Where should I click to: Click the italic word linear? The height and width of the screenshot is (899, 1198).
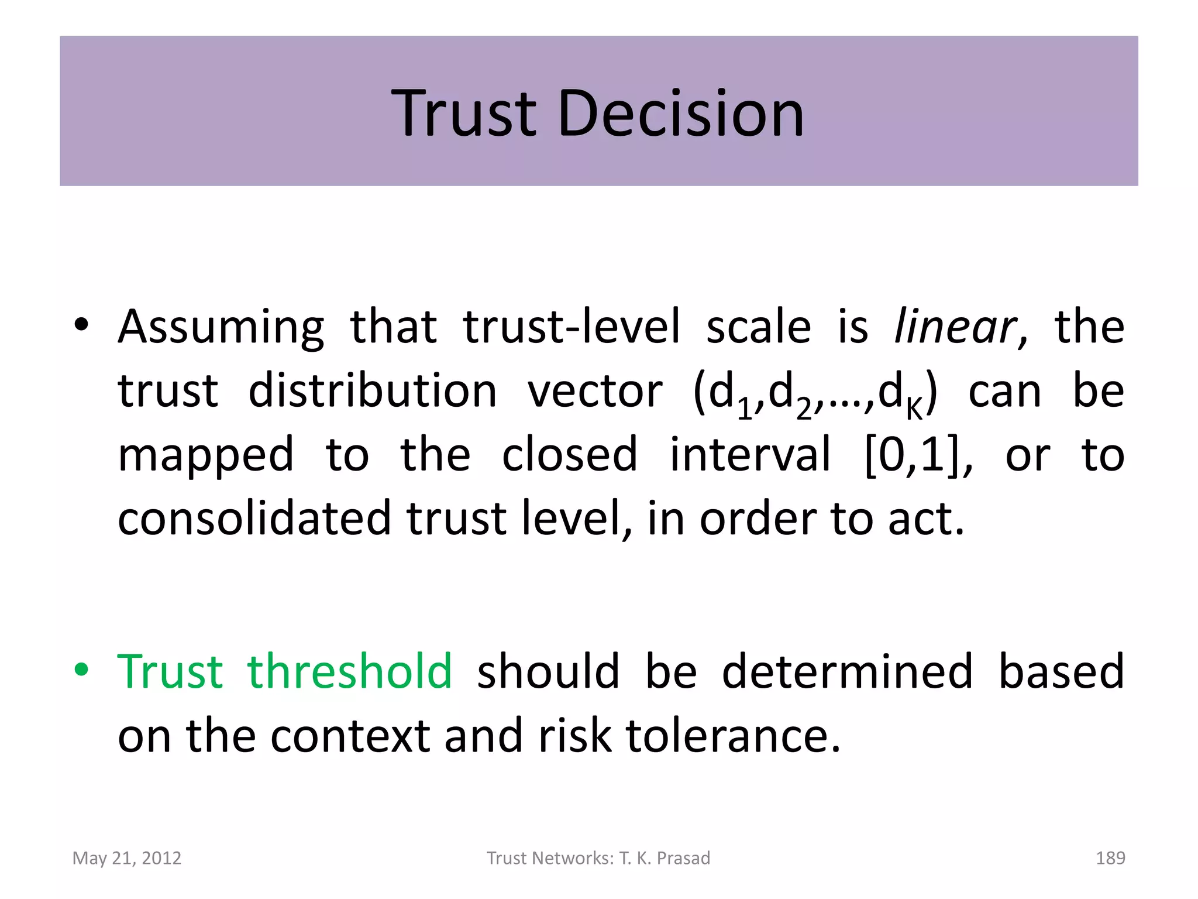[x=955, y=327]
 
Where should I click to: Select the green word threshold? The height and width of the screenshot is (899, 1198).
[x=349, y=671]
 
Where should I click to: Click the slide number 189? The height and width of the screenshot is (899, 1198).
[x=1110, y=858]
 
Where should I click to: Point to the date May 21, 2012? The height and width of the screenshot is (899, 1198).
[x=127, y=858]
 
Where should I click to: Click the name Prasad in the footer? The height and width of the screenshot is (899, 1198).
[x=683, y=858]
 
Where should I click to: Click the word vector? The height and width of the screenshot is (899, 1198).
[x=595, y=391]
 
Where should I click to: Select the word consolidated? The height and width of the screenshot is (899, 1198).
[x=254, y=518]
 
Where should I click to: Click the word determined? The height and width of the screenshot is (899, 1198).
[x=847, y=671]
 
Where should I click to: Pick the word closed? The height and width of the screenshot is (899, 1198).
[x=569, y=455]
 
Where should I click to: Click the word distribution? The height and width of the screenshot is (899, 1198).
[x=373, y=391]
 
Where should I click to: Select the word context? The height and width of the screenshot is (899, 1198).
[x=350, y=736]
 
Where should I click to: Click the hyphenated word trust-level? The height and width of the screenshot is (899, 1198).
[x=572, y=327]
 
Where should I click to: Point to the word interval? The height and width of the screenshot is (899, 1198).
[x=750, y=455]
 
